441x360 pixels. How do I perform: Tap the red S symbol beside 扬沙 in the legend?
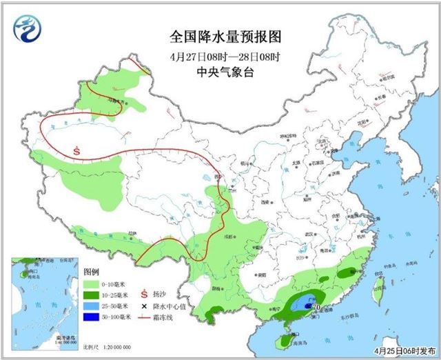[145, 283]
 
